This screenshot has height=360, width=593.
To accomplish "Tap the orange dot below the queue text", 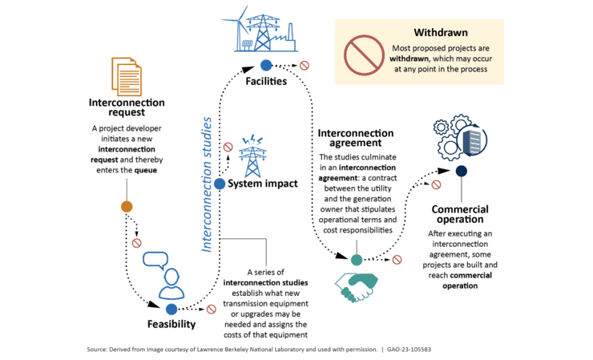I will (127, 207).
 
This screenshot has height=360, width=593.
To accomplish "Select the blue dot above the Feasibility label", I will (171, 309).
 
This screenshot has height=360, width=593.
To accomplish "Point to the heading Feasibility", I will (171, 325).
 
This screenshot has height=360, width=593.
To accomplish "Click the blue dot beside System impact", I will (220, 184).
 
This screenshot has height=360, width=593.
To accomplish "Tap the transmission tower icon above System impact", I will (253, 156).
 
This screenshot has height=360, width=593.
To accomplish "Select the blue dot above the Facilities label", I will (265, 65).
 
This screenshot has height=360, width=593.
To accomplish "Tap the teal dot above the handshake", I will (357, 259).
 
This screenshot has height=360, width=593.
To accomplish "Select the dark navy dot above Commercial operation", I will (461, 171).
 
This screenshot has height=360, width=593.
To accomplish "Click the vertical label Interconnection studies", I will (207, 184).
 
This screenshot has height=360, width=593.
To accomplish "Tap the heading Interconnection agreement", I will (356, 138).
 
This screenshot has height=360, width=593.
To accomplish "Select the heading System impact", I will (263, 184).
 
